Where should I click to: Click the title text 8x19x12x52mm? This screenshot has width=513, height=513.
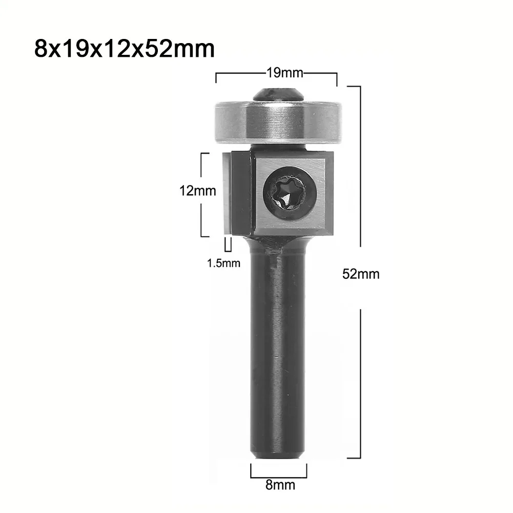click(x=125, y=49)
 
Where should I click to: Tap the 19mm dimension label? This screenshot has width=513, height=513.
click(x=285, y=73)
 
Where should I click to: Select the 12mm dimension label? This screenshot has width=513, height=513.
click(x=198, y=191)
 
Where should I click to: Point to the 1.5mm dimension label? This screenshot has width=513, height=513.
click(x=224, y=263)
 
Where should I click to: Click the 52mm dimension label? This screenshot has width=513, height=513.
click(x=361, y=274)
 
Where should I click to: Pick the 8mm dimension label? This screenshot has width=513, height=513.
click(x=280, y=485)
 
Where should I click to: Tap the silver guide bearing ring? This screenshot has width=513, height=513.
click(x=278, y=122)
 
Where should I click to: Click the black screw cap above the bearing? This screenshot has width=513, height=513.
click(x=278, y=95)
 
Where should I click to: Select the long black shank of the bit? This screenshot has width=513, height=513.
click(x=278, y=350)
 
